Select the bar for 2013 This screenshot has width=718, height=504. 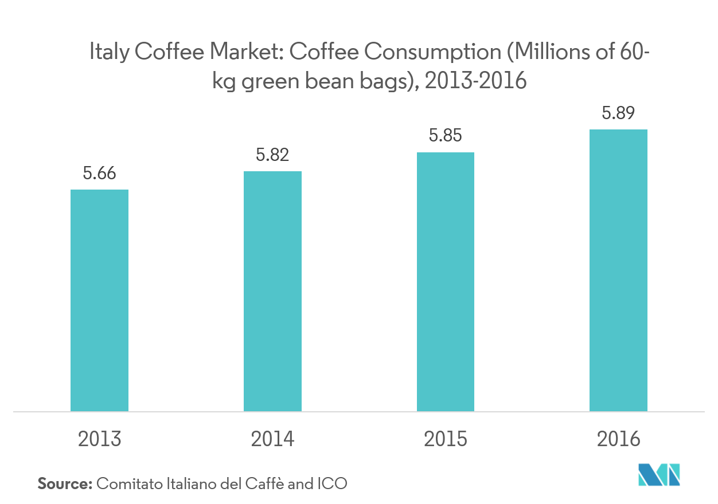pyautogui.click(x=99, y=300)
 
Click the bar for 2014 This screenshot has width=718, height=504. pyautogui.click(x=272, y=291)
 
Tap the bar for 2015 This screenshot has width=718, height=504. pyautogui.click(x=446, y=281)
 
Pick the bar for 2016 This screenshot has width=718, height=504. pyautogui.click(x=618, y=270)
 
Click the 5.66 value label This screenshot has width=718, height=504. pyautogui.click(x=99, y=174)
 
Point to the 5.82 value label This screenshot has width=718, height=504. pyautogui.click(x=272, y=155)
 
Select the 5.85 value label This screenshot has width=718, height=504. pyautogui.click(x=446, y=136)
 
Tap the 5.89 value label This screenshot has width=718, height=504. pyautogui.click(x=618, y=113)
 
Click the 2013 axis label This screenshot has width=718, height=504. pyautogui.click(x=99, y=439)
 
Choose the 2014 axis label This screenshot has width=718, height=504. pyautogui.click(x=272, y=439)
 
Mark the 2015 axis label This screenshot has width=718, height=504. pyautogui.click(x=446, y=439)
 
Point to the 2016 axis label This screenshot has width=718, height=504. pyautogui.click(x=618, y=439)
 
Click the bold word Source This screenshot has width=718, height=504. pyautogui.click(x=64, y=483)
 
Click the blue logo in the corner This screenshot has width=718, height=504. pyautogui.click(x=659, y=474)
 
